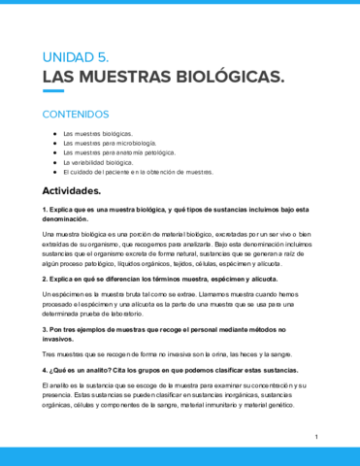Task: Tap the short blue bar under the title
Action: point(53,92)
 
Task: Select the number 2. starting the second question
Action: point(47,279)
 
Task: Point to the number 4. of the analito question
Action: point(47,372)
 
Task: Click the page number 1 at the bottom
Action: point(316,438)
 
